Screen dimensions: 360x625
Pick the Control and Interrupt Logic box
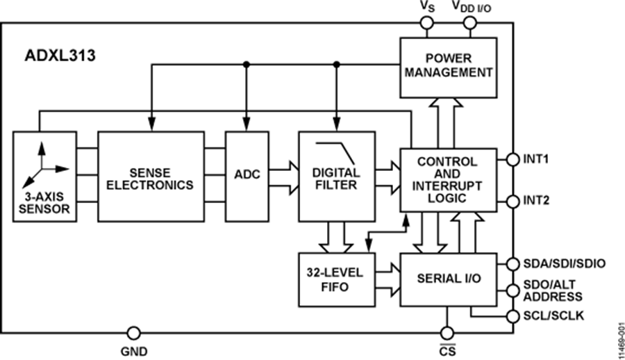pyautogui.click(x=448, y=180)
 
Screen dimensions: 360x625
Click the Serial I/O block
pyautogui.click(x=448, y=279)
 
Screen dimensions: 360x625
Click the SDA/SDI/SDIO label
pyautogui.click(x=564, y=263)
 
